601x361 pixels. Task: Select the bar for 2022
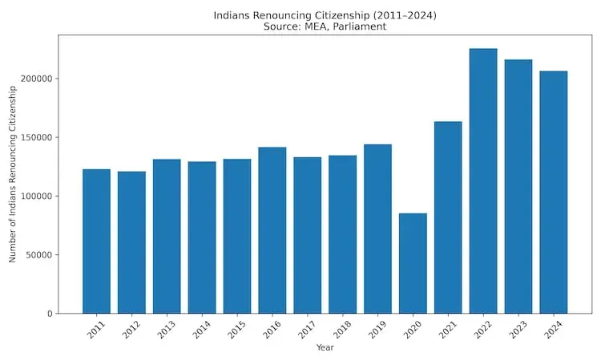[x=483, y=181]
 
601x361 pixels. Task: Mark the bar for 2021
[x=448, y=217]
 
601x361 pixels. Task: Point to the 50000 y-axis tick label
[x=39, y=255]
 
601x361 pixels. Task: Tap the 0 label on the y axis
[x=49, y=314]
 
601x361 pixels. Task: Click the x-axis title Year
[x=325, y=348]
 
